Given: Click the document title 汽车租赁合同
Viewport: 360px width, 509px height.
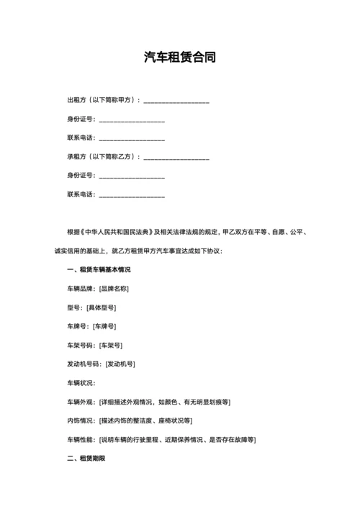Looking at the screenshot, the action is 180,58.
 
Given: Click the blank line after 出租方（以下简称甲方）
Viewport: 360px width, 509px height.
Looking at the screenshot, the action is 176,101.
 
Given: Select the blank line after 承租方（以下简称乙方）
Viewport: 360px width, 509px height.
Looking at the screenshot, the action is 176,157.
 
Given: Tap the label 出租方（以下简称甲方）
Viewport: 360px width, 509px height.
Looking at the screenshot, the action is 103,100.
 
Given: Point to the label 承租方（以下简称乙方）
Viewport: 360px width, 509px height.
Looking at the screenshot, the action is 103,156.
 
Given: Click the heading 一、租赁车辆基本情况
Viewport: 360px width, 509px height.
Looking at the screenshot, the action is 99,270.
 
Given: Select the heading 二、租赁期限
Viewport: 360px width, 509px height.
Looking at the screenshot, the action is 86,458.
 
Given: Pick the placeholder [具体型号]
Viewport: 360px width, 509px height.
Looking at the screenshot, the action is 101,307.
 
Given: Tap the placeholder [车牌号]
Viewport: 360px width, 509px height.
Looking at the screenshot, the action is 107,326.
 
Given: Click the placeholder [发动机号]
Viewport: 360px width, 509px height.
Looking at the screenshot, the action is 120,364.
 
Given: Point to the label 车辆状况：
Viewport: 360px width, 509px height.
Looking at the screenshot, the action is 81,382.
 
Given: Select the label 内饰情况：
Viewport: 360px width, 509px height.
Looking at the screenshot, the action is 81,420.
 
